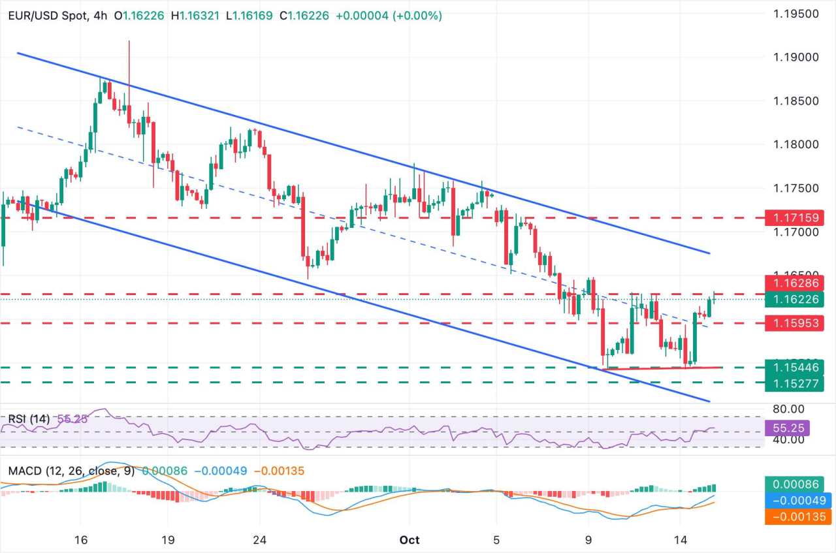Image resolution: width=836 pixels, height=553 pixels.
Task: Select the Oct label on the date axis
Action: point(410,540)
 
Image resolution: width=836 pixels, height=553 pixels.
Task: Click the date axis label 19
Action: point(167,540)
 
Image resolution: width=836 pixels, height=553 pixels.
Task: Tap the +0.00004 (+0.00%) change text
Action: point(389,15)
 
